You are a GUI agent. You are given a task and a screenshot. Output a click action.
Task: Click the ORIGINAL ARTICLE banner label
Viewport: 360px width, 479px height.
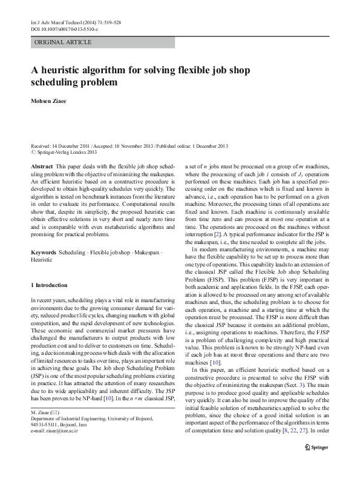point(63,42)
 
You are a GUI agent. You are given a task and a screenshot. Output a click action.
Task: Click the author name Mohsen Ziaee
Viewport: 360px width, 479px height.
point(51,100)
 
